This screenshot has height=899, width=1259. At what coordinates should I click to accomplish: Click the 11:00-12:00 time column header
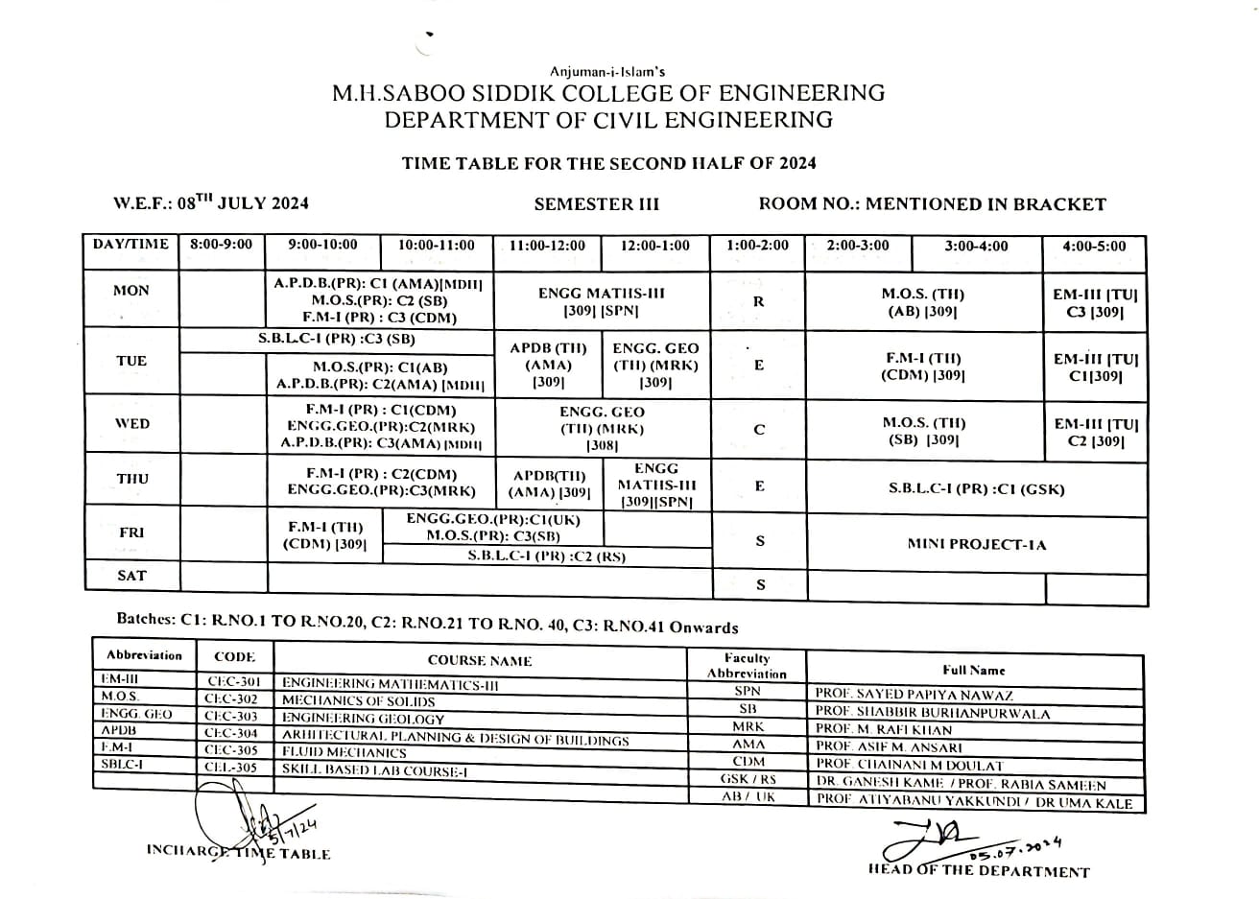(547, 246)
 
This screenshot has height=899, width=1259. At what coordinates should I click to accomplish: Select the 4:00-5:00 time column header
(1094, 246)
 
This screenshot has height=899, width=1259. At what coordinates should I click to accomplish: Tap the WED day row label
(131, 423)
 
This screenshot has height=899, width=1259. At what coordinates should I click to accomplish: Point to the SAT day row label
(131, 576)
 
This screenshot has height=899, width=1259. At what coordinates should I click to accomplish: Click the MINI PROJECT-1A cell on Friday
(976, 544)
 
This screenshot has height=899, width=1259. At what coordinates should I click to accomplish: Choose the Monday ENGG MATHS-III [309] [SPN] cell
(601, 301)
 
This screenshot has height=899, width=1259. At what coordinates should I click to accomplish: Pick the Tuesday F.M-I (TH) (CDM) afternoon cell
(923, 367)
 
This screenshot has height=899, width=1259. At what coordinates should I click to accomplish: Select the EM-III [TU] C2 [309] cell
(1095, 432)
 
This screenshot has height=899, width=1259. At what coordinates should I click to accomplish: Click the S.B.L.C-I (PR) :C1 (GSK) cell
(976, 488)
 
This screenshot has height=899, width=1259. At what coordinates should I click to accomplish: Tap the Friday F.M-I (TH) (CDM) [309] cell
(323, 535)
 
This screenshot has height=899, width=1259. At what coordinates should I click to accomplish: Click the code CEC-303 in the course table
(231, 716)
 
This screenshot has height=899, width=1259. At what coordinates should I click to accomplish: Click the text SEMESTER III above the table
(596, 203)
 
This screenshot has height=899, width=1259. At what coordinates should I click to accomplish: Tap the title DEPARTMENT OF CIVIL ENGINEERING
(608, 120)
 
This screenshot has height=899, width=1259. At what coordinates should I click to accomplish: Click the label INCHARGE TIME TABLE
(238, 853)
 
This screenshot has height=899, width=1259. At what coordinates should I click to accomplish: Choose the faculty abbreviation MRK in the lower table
(748, 727)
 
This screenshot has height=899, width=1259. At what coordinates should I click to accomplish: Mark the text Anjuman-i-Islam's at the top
(607, 72)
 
